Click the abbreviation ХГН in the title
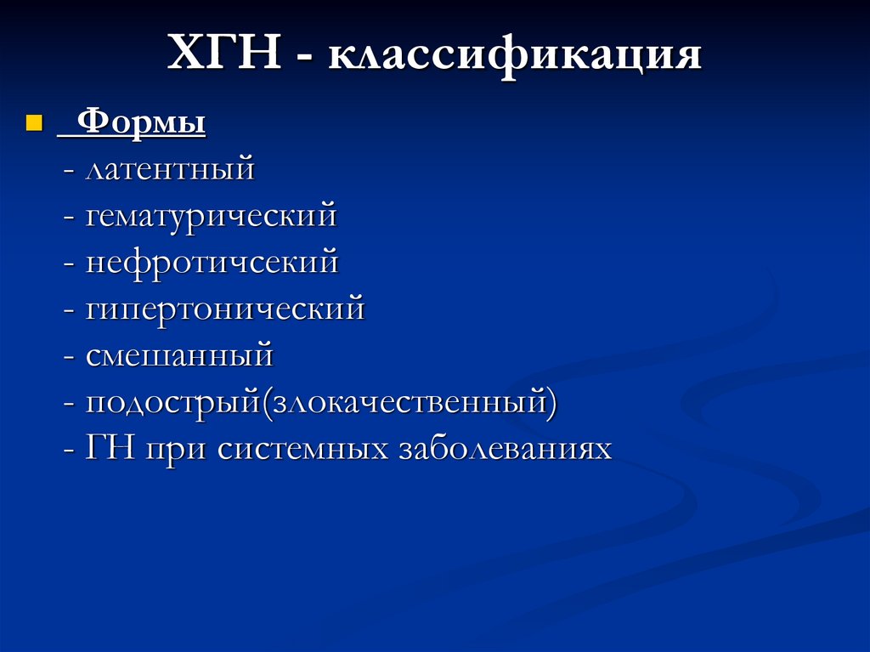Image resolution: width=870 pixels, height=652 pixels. [x=225, y=55]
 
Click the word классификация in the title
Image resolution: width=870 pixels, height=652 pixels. [x=515, y=57]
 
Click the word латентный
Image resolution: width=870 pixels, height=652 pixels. [x=170, y=169]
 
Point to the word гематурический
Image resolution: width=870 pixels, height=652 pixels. [x=211, y=216]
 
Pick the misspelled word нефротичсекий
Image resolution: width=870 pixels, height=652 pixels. [x=212, y=262]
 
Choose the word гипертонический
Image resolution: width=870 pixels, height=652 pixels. [x=224, y=308]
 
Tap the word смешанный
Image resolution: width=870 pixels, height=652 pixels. [x=179, y=354]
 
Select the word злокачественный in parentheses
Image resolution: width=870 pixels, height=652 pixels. [x=410, y=400]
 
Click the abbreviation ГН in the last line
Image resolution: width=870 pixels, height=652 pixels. [x=110, y=447]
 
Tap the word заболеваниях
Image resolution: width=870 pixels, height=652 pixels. [x=505, y=448]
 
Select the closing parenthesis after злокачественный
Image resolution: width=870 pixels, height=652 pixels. [x=553, y=401]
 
